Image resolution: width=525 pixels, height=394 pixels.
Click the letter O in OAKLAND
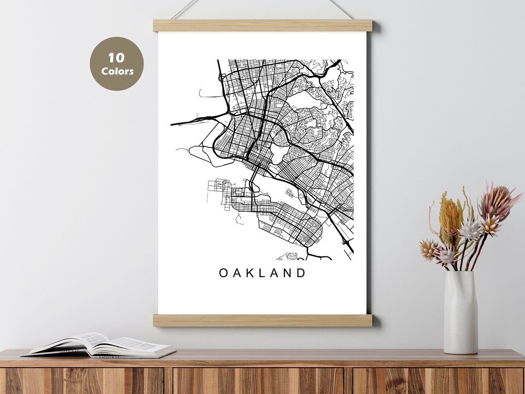click(x=223, y=273)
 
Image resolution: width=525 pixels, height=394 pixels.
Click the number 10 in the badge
click(x=117, y=58)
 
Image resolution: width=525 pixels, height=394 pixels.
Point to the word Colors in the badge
click(x=117, y=71)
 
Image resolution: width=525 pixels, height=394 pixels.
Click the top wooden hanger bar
click(x=262, y=25)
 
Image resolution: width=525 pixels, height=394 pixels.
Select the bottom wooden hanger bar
click(x=262, y=320)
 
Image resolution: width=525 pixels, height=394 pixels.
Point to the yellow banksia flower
click(x=450, y=216)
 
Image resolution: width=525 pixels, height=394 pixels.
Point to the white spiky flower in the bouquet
click(x=470, y=230)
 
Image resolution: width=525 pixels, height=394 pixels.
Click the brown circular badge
click(x=117, y=64)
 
